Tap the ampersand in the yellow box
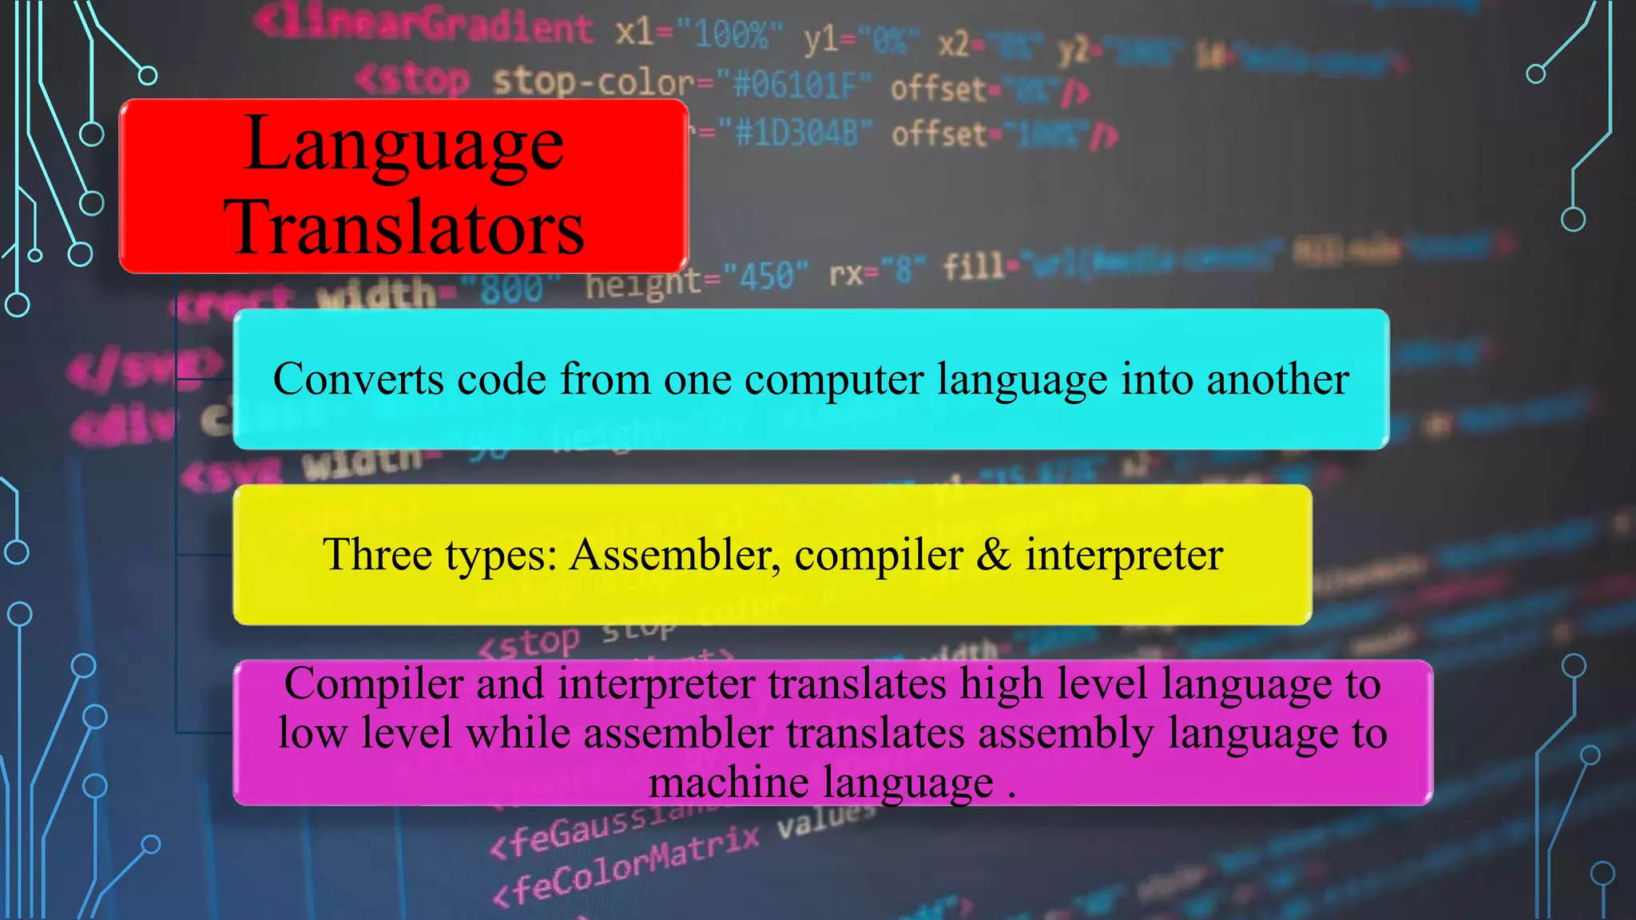[994, 554]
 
